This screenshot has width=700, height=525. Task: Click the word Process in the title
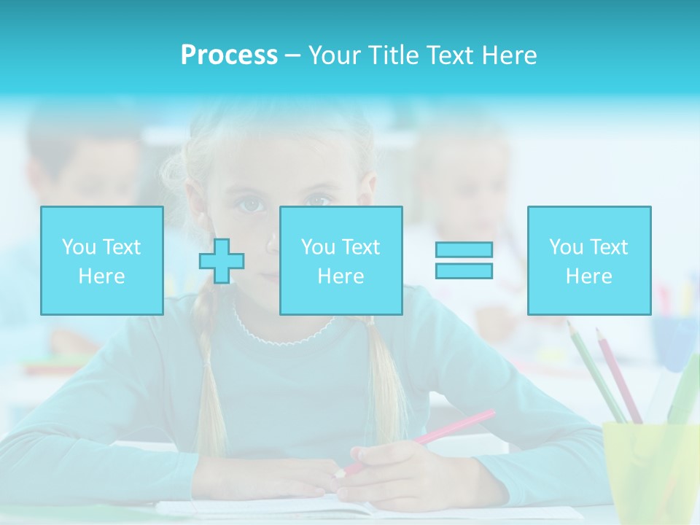[229, 55]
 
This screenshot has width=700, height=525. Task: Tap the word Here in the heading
[509, 55]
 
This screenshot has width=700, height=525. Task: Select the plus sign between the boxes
[222, 261]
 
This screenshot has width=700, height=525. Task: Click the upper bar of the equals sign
[464, 249]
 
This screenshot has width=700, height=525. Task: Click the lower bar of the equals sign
[464, 271]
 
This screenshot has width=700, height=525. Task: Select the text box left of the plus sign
[101, 260]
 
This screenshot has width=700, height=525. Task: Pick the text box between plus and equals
[341, 260]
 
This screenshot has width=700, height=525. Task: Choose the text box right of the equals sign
[588, 260]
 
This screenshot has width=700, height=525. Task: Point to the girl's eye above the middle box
[318, 199]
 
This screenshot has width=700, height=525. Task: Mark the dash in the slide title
[293, 55]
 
